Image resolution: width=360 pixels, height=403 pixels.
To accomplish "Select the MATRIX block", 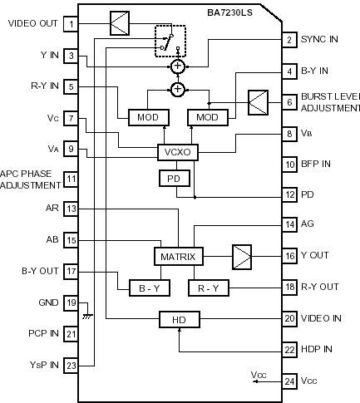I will [x=178, y=257].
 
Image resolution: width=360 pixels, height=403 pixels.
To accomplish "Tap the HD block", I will [x=180, y=318].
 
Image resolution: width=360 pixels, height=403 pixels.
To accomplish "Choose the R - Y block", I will [x=208, y=288].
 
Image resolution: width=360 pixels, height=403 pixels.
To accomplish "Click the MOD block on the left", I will [x=149, y=116].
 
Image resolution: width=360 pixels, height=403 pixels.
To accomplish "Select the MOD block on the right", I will [x=208, y=116].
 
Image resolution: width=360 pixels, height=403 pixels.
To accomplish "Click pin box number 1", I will [x=72, y=23].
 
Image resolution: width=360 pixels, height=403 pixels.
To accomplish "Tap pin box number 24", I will [x=289, y=381].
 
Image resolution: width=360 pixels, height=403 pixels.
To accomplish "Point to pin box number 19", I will [x=72, y=303].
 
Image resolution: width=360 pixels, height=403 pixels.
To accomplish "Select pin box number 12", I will [x=289, y=194].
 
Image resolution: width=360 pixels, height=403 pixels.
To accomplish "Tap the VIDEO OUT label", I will [x=32, y=23].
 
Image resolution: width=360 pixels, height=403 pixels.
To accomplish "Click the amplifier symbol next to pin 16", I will [x=241, y=256].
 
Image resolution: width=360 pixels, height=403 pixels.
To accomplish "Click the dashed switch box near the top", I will [x=170, y=42].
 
